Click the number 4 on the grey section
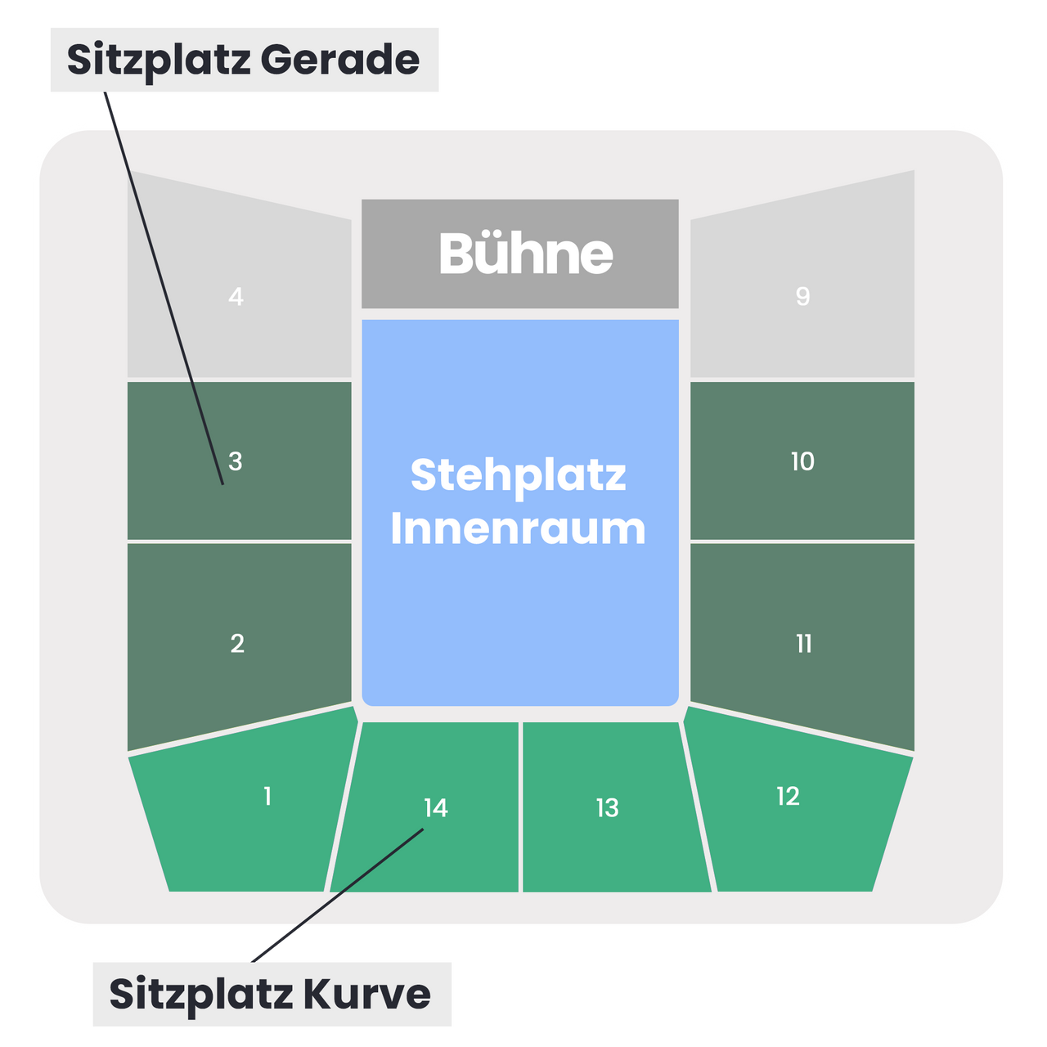click(x=236, y=297)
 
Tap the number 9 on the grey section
click(x=802, y=296)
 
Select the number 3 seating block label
click(x=236, y=461)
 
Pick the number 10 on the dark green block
click(x=802, y=461)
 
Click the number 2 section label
click(x=237, y=644)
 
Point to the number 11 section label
click(x=803, y=644)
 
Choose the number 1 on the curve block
click(x=267, y=797)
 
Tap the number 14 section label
click(x=436, y=808)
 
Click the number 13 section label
click(x=608, y=808)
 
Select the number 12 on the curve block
click(x=788, y=797)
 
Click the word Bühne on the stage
click(x=526, y=254)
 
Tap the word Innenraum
click(x=519, y=528)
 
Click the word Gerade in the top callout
click(x=340, y=59)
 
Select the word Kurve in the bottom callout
click(x=366, y=995)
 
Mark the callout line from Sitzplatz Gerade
click(x=164, y=288)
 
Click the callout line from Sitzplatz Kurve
click(x=337, y=896)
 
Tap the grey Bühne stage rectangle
click(x=520, y=254)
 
